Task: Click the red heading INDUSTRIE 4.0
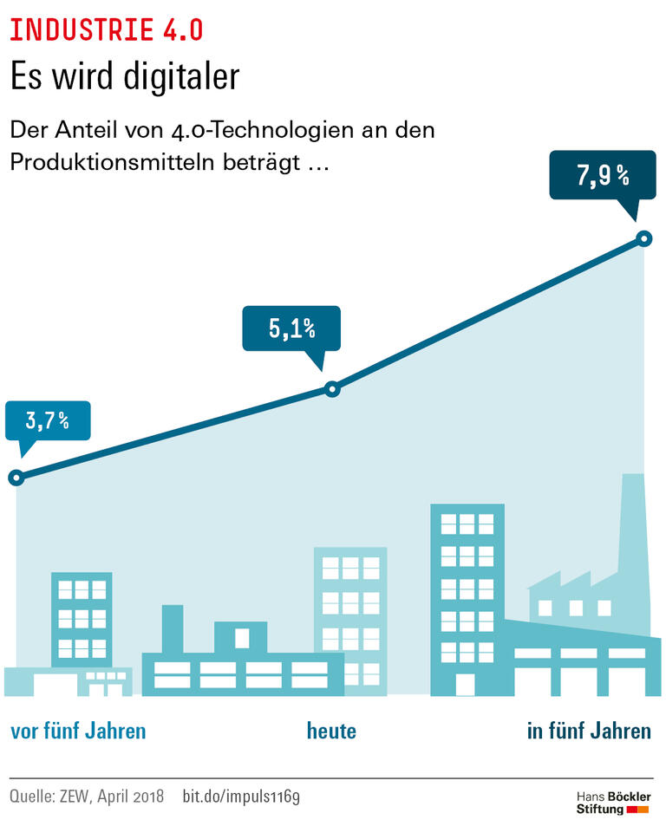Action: tap(107, 29)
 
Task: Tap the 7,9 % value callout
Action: tap(604, 177)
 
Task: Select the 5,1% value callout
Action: tap(291, 328)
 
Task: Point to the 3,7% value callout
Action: tap(47, 422)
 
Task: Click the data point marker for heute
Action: tap(331, 389)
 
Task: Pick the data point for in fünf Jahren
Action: tap(643, 237)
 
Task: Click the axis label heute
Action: tap(331, 731)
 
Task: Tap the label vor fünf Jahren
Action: tap(78, 731)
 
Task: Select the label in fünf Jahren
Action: tap(589, 731)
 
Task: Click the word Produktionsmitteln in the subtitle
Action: tap(113, 162)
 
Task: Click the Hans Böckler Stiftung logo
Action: tap(613, 803)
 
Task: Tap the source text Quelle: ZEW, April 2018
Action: tap(89, 796)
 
